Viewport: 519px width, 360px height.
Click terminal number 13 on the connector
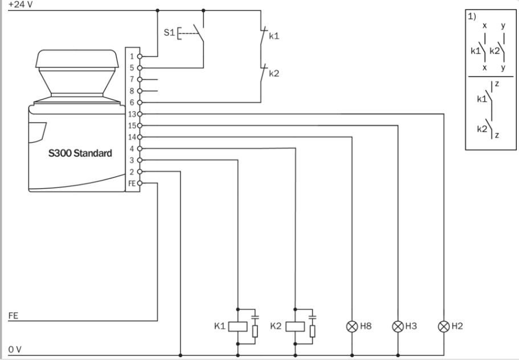click(132, 114)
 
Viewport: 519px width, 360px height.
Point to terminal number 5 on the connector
click(132, 68)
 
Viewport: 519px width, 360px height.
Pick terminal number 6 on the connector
click(132, 103)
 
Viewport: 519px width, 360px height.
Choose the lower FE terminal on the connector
click(132, 183)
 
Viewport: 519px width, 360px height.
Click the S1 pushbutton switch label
click(168, 34)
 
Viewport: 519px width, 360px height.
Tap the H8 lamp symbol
click(352, 326)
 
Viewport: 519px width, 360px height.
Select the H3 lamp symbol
click(397, 326)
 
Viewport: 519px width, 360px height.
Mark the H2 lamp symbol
click(443, 326)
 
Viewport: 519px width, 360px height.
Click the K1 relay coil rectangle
click(237, 326)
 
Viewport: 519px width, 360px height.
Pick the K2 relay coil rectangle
click(295, 326)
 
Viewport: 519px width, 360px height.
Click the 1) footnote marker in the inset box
click(472, 17)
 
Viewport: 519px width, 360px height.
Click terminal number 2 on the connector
click(132, 171)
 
